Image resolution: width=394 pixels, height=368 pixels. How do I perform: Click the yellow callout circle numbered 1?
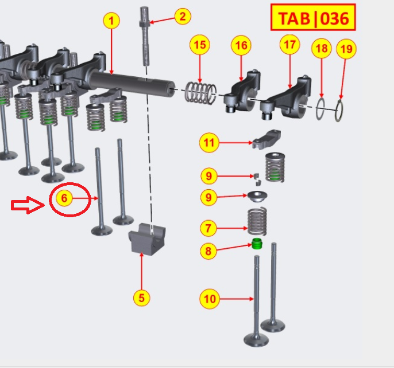coord(111,21)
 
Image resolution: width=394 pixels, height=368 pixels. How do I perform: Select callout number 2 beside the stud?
coord(182,16)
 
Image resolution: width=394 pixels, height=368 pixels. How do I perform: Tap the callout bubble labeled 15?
coord(200,44)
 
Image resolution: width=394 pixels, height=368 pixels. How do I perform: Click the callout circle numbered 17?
coord(289,44)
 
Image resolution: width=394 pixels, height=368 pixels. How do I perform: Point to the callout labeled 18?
coord(322,49)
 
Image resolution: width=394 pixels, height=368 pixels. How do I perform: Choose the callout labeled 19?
coord(345,49)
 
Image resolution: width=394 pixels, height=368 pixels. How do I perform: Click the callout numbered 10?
coord(210,299)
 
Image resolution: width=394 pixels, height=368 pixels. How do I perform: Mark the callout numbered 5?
coord(141,297)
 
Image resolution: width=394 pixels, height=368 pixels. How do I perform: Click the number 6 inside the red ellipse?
coord(64,198)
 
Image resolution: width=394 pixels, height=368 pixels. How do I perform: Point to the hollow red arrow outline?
coord(28,205)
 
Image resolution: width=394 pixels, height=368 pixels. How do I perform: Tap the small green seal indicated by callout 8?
coord(258,244)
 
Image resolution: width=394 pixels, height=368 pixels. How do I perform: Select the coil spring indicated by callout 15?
coord(201,92)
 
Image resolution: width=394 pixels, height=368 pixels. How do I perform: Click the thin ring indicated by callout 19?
coord(340,110)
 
